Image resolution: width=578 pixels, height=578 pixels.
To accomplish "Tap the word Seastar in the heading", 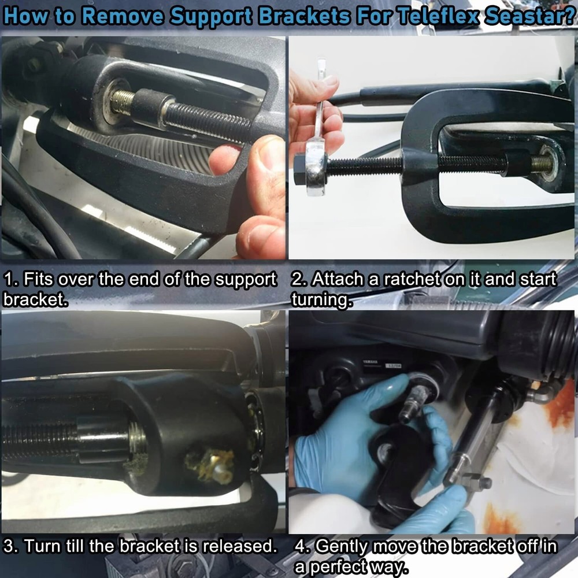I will tap(527, 16).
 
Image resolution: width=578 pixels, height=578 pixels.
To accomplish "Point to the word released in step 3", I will tap(235, 546).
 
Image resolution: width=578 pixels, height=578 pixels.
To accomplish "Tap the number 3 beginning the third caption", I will tap(8, 546).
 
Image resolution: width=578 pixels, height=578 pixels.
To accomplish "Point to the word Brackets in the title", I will tap(303, 16).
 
